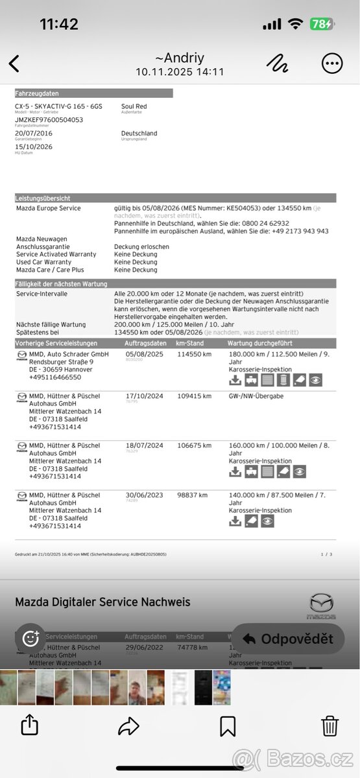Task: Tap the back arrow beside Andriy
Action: click(x=14, y=64)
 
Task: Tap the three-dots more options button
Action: click(x=332, y=64)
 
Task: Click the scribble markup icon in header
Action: click(x=278, y=63)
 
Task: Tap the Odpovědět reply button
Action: click(x=287, y=639)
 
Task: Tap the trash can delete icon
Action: click(x=330, y=725)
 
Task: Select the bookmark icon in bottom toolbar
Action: click(x=228, y=725)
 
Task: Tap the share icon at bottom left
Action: click(x=29, y=725)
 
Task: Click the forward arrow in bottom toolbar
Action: click(x=128, y=726)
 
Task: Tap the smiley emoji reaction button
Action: click(x=30, y=639)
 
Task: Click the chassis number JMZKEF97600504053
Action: click(x=49, y=120)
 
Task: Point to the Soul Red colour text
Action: click(x=134, y=106)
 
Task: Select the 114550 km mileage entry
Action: click(x=195, y=355)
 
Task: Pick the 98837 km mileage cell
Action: click(x=193, y=495)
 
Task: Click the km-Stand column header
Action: click(x=190, y=343)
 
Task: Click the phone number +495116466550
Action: click(x=55, y=377)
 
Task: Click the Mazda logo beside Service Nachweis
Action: click(x=322, y=606)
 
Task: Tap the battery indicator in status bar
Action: click(x=322, y=24)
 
